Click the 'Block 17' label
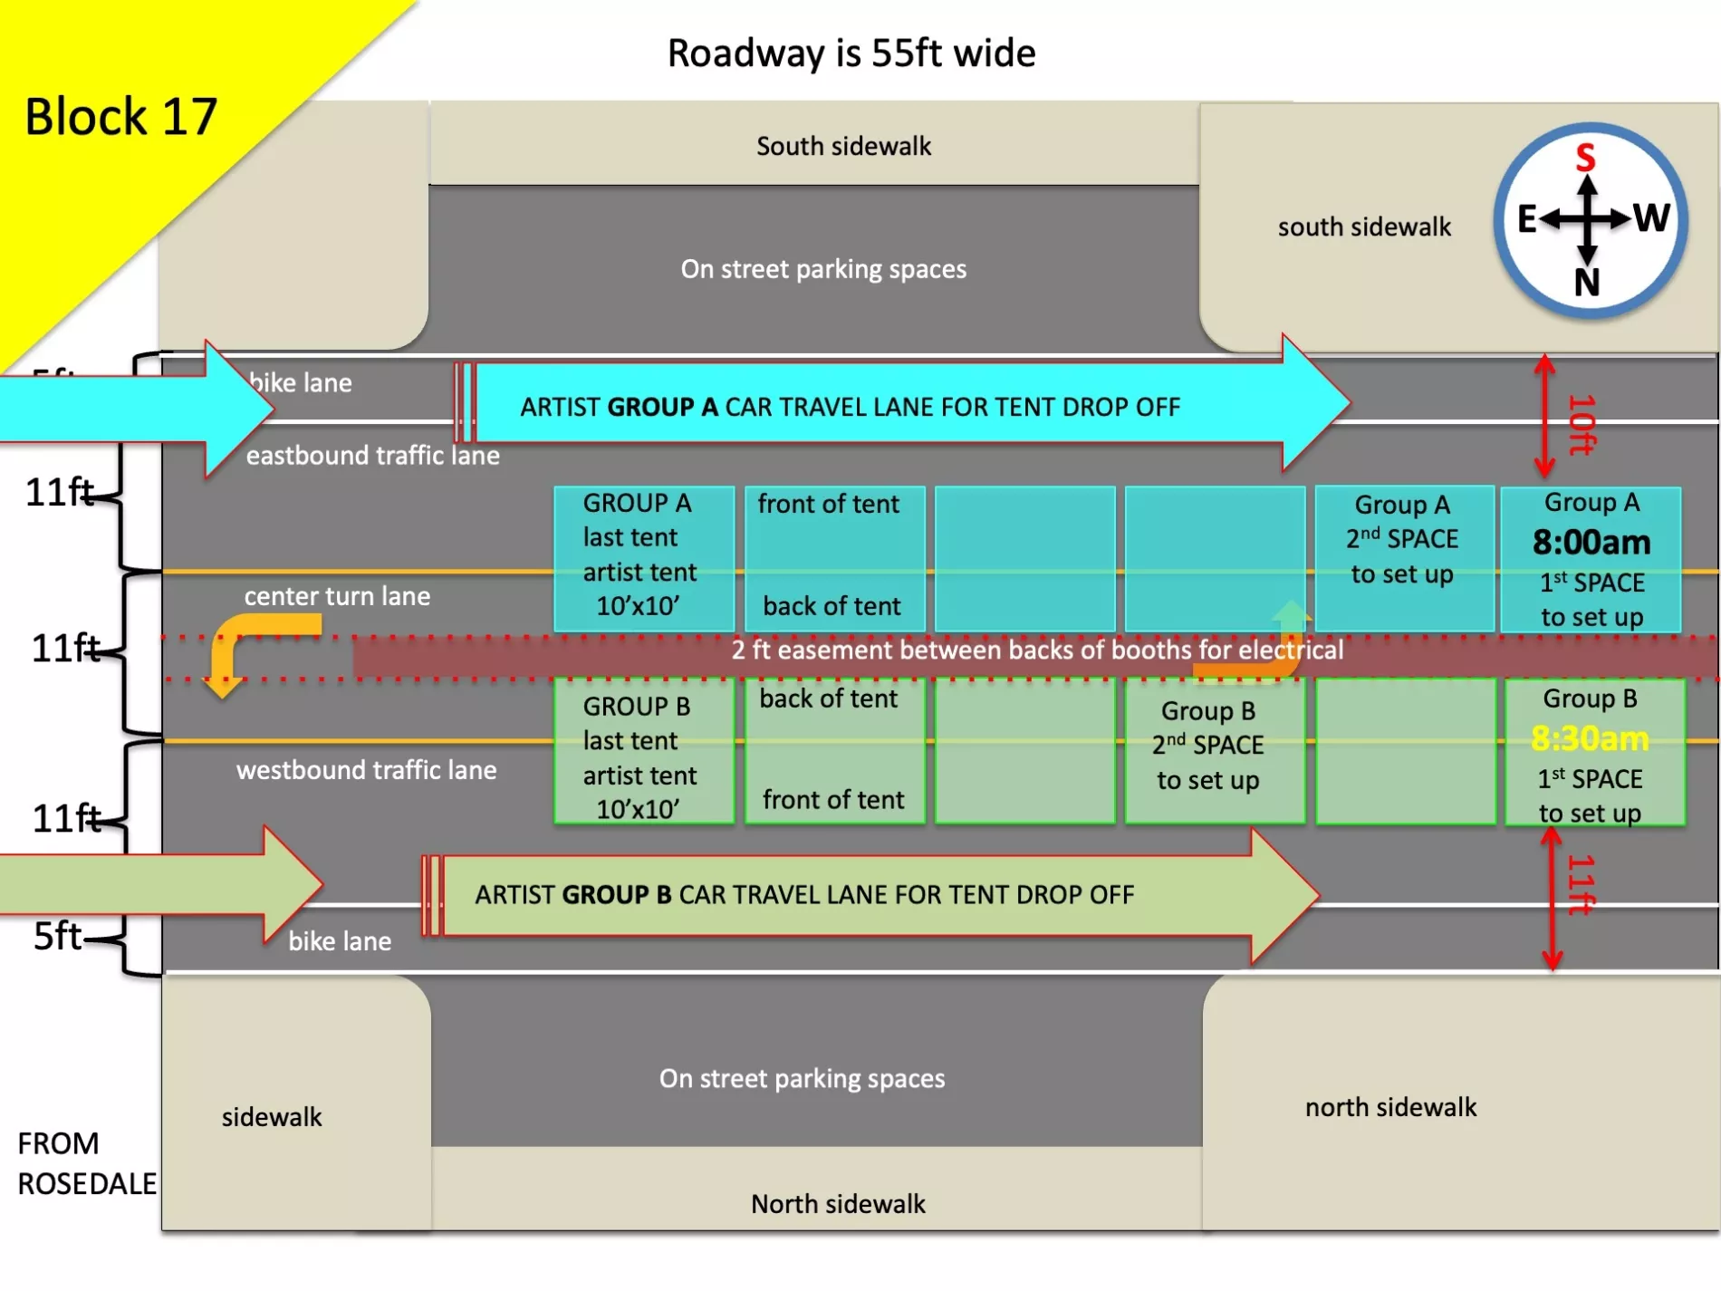(120, 117)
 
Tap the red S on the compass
(1585, 158)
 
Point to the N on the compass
(1587, 283)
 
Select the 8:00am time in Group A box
(1591, 543)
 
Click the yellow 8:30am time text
(1590, 739)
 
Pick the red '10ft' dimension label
(1581, 424)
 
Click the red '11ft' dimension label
(1581, 884)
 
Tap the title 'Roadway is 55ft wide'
(851, 53)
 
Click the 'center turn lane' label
(337, 596)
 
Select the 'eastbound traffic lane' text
(372, 455)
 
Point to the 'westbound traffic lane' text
(366, 770)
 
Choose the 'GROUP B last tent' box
(643, 752)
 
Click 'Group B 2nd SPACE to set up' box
(1214, 750)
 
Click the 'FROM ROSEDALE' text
(86, 1163)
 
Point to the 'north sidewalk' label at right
(1390, 1107)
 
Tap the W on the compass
(1651, 218)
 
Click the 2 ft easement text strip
(1037, 650)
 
